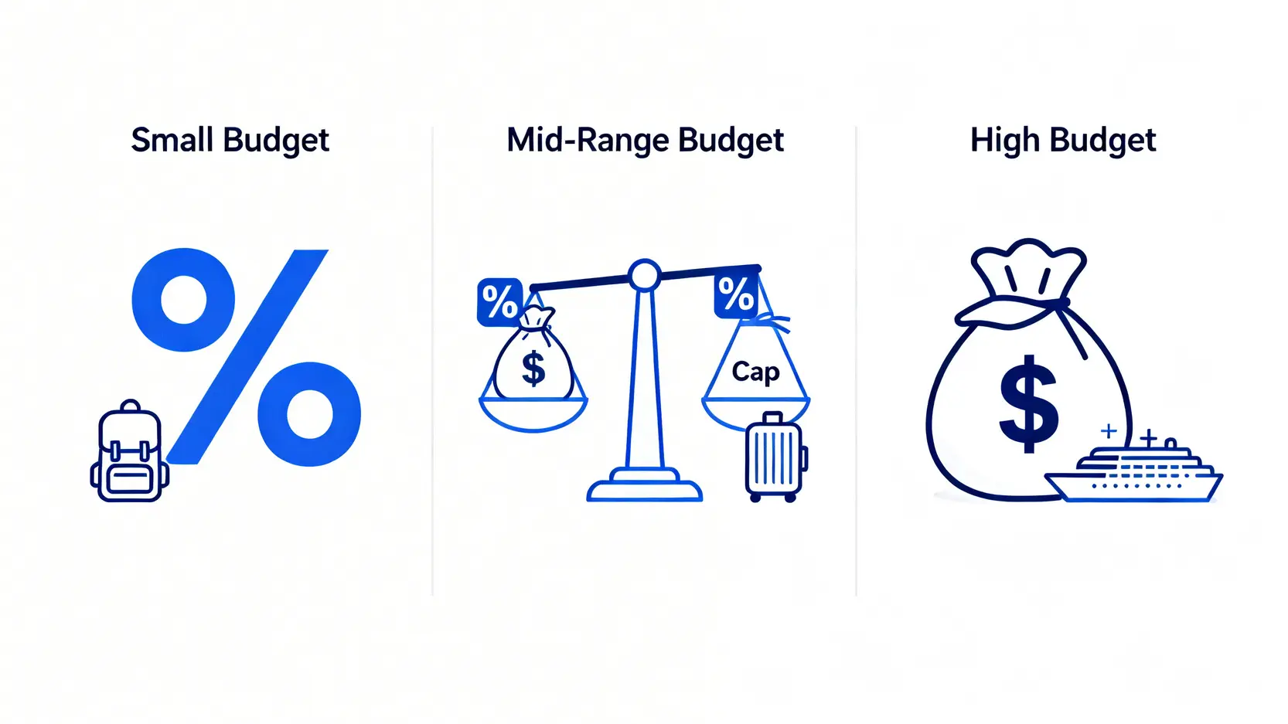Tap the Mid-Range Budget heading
[x=645, y=141]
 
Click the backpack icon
[x=129, y=450]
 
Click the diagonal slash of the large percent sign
[x=247, y=356]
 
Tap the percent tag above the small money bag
[x=499, y=301]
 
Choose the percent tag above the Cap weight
[x=735, y=294]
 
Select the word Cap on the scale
[x=755, y=372]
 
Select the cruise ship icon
[x=1133, y=473]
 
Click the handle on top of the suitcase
[x=773, y=418]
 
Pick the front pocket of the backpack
[x=130, y=479]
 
